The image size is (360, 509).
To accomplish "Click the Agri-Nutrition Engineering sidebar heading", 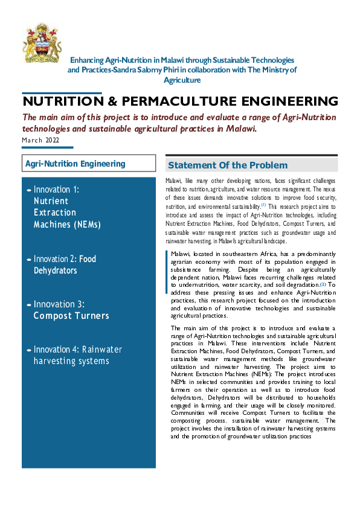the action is point(75,164).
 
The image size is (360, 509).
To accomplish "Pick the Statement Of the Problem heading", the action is point(227,165).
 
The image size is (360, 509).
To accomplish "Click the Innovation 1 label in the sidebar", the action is point(56,190).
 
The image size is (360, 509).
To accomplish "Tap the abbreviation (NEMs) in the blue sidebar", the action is point(85,225).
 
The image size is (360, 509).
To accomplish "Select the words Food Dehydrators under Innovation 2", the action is point(65,264).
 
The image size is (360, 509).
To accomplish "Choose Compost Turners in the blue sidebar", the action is point(71,316).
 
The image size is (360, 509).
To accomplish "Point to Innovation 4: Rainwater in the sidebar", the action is point(77,350).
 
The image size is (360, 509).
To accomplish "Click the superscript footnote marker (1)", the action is point(263,205).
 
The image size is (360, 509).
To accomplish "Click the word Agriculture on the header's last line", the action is point(182,80).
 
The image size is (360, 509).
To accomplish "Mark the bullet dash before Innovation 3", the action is point(29,304).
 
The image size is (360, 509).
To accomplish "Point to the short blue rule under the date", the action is point(47,148).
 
